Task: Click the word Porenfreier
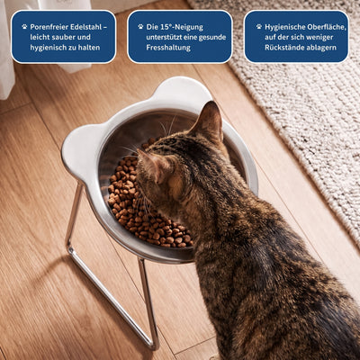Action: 49,27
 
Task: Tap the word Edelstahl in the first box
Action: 85,27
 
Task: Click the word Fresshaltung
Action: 168,48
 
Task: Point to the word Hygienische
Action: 284,27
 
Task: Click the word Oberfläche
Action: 327,27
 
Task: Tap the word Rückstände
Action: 283,48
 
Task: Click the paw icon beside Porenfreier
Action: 24,27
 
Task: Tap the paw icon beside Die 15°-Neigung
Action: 140,27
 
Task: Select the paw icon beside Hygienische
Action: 259,27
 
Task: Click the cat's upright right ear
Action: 209,120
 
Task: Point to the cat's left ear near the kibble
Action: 151,165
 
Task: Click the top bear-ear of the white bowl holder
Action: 184,88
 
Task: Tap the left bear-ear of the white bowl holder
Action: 78,150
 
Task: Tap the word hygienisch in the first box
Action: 48,48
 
